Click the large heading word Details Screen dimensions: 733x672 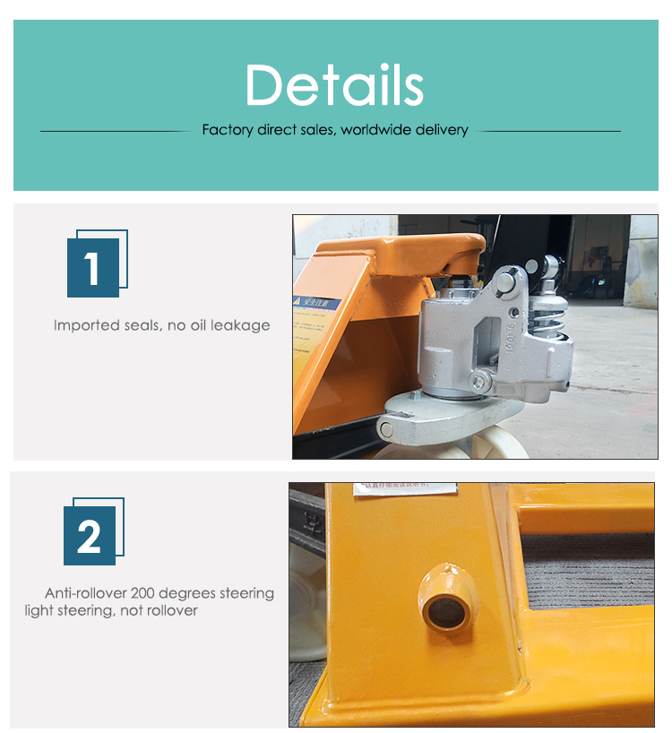coord(334,85)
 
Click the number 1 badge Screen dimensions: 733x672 coord(93,267)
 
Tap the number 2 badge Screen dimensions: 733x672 coord(90,535)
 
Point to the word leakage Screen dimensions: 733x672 coord(240,325)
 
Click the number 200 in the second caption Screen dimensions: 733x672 coord(146,593)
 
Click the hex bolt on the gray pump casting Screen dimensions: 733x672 coord(481,383)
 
